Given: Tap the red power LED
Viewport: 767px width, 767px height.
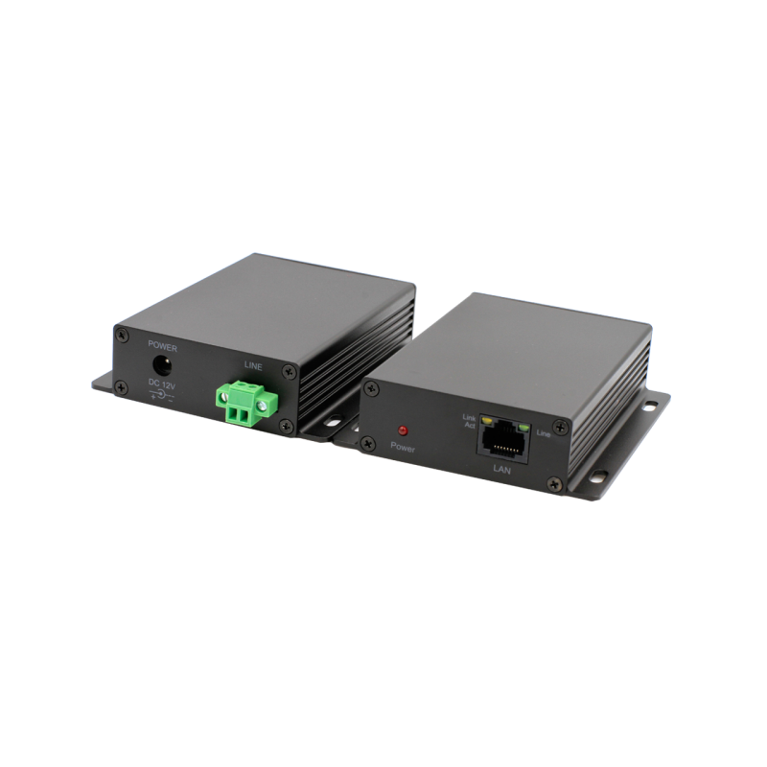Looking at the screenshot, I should (x=404, y=431).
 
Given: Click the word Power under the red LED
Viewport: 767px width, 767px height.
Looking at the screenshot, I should (x=404, y=447).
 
